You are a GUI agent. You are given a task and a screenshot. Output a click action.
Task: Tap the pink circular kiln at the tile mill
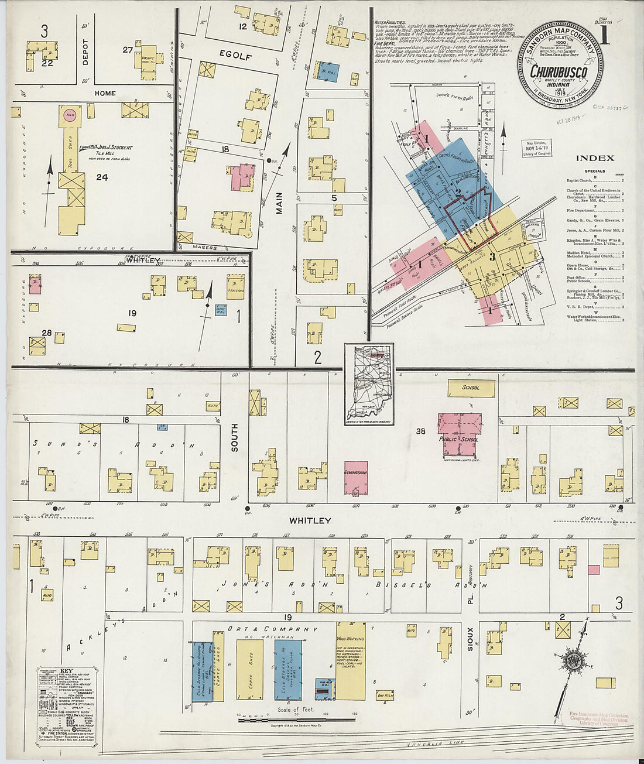coord(70,113)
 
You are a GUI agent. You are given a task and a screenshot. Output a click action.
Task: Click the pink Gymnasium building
coord(355,477)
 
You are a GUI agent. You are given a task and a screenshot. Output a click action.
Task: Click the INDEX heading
coord(595,158)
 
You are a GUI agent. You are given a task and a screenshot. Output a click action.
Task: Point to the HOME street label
coord(105,93)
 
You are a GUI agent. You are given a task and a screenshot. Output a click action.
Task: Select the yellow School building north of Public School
coord(471,388)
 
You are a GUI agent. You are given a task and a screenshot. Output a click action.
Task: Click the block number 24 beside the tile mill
coord(102,177)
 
